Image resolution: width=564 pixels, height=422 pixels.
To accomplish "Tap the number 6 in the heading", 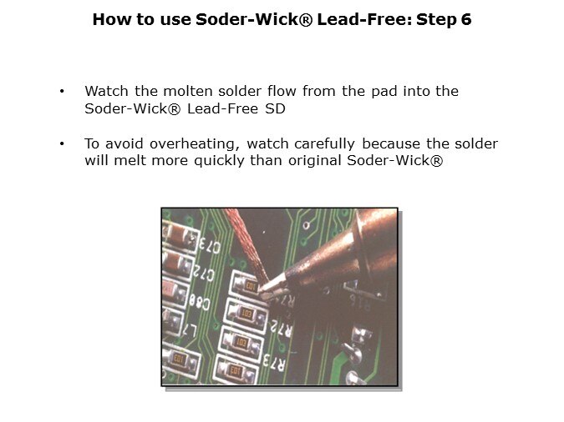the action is (465, 19).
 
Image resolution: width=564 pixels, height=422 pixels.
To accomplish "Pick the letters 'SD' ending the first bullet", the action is (275, 108).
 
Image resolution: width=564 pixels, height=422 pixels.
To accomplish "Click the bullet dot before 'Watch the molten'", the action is (62, 91).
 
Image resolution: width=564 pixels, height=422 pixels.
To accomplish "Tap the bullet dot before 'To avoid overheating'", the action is (62, 144).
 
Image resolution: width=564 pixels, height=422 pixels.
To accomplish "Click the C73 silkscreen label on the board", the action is (210, 246).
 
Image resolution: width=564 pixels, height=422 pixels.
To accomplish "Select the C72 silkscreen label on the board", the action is (203, 273).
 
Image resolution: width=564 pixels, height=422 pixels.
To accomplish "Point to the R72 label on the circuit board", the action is (282, 328).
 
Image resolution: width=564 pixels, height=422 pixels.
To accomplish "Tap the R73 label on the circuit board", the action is (274, 361).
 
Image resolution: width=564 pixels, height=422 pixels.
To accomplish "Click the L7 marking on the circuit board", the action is (190, 329).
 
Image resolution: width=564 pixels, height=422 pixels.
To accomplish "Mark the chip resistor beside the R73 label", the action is (236, 369).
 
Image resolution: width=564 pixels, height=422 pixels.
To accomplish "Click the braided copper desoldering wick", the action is (247, 245).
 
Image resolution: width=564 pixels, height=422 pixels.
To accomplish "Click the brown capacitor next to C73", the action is (180, 235).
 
